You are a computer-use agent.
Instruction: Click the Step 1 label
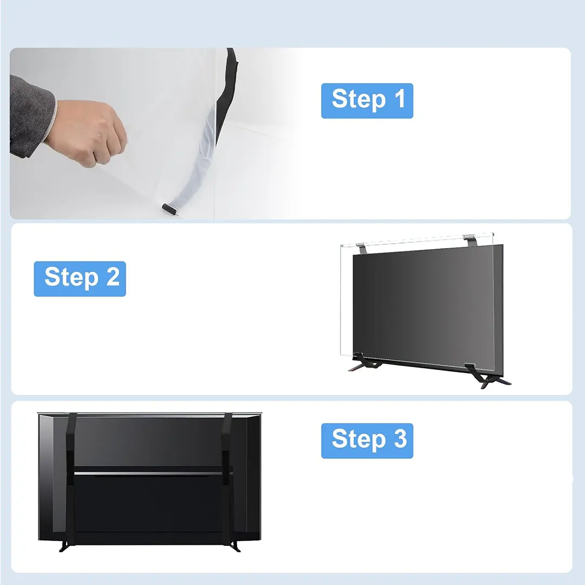pos(367,101)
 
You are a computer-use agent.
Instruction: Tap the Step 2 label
pos(80,279)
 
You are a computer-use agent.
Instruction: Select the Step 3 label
pos(367,440)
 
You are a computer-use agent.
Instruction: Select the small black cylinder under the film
pos(169,209)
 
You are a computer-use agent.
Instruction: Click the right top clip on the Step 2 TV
pos(470,240)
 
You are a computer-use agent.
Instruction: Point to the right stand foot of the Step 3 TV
pos(235,547)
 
